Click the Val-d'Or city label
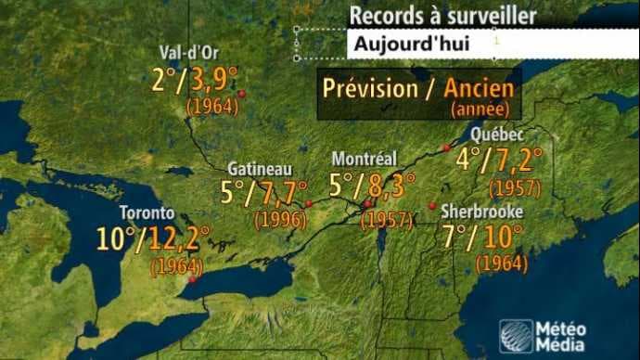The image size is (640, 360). (188, 52)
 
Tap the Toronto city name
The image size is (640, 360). (147, 212)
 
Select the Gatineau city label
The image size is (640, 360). (260, 170)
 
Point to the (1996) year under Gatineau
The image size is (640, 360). (281, 220)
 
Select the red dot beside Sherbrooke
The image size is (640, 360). (432, 205)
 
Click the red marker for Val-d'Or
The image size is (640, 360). (241, 94)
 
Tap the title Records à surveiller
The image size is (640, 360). (442, 16)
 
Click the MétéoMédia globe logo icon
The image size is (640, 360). (516, 335)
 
